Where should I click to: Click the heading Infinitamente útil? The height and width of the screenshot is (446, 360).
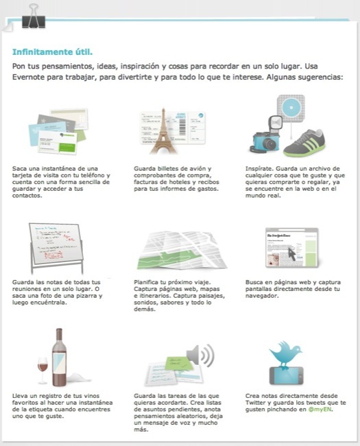click(52, 52)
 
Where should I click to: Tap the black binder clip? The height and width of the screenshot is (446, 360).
click(34, 17)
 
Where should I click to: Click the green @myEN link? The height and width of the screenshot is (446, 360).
click(320, 410)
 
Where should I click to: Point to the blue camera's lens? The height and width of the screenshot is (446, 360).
click(268, 143)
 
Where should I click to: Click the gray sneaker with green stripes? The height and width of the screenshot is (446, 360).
click(304, 144)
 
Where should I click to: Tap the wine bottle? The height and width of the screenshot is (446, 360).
click(59, 357)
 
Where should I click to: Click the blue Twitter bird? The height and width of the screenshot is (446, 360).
click(285, 355)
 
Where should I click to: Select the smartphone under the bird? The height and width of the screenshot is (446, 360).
click(287, 376)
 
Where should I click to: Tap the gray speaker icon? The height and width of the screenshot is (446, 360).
click(200, 355)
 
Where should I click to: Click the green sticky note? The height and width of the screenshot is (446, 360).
click(177, 363)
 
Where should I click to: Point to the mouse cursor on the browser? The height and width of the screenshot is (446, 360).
click(291, 254)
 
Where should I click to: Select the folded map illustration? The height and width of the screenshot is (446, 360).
click(182, 250)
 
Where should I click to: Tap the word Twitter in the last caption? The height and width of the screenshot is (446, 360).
click(255, 403)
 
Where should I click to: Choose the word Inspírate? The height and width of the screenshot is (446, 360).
click(259, 169)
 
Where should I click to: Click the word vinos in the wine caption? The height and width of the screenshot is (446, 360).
click(91, 396)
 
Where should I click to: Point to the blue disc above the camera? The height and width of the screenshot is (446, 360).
click(291, 108)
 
